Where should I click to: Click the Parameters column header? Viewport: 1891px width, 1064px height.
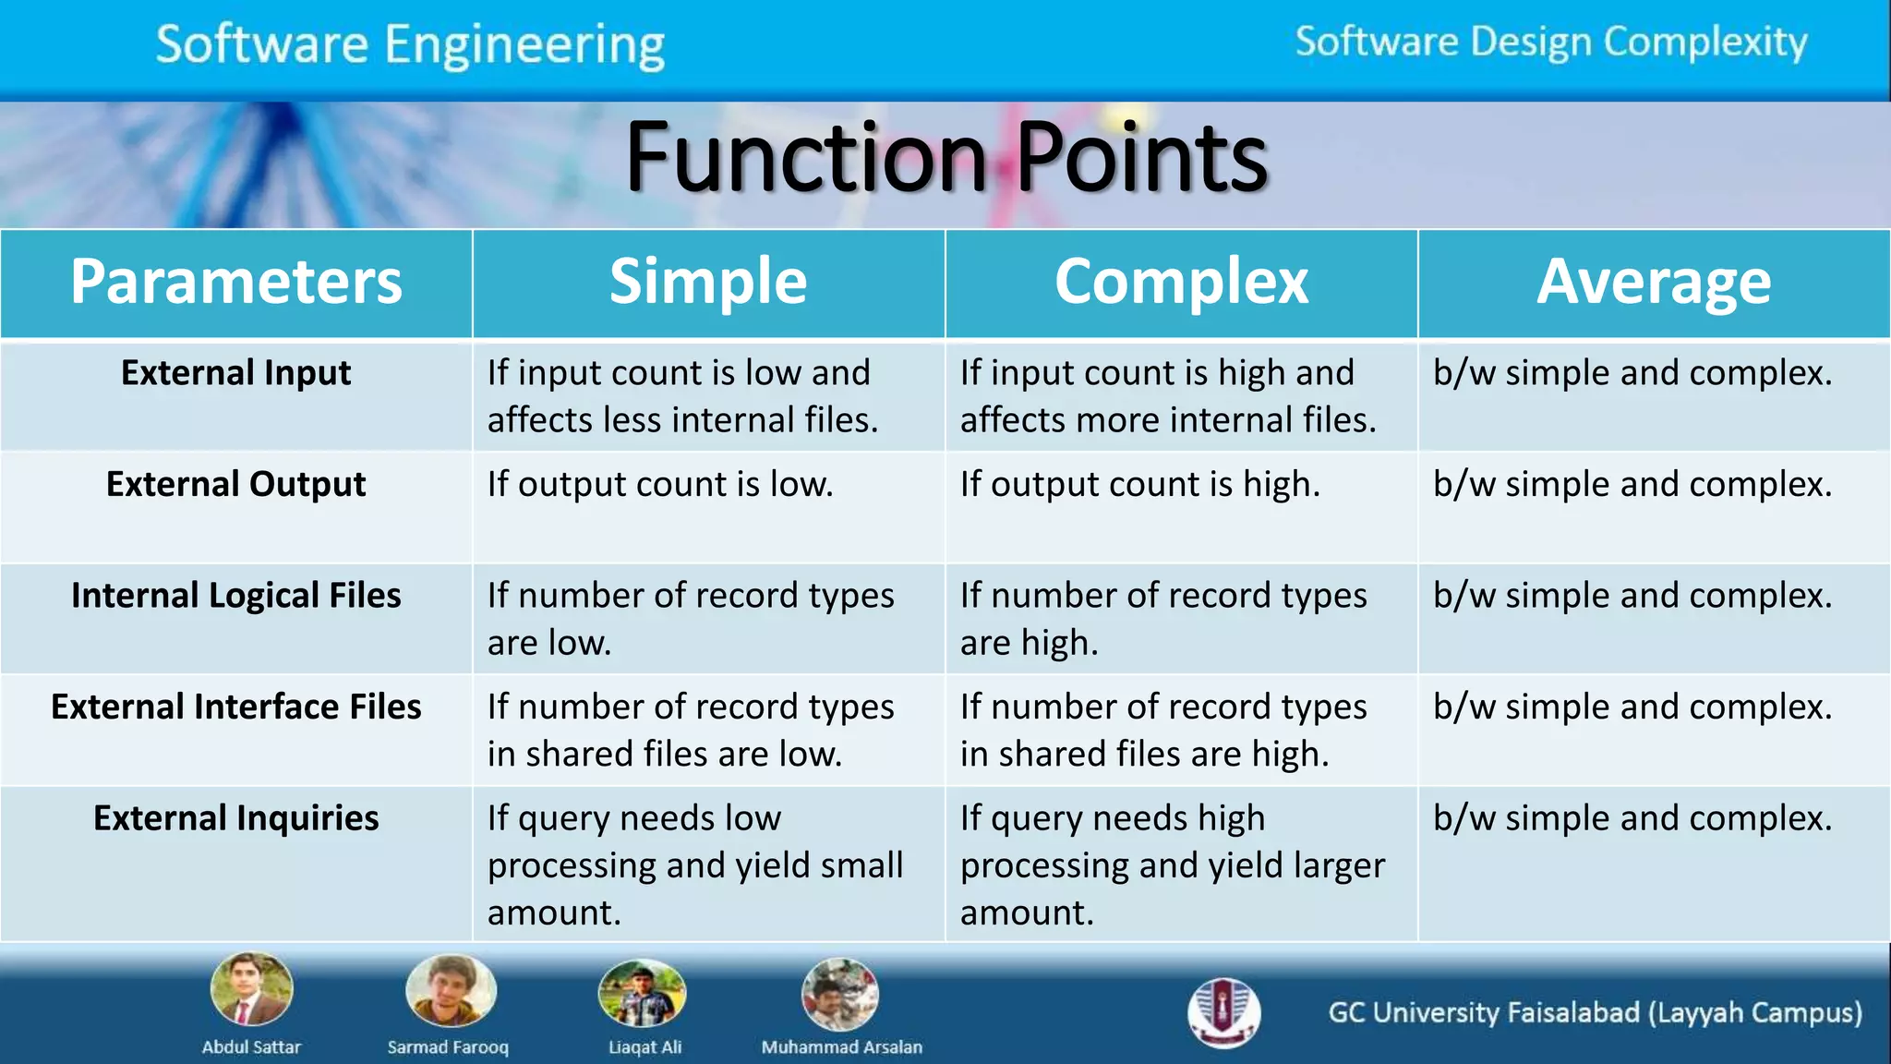236,282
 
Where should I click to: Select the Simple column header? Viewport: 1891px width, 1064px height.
708,282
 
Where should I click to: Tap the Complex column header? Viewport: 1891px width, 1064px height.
1181,282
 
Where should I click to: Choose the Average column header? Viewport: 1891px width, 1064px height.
1654,282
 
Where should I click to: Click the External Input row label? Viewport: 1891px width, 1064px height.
236,373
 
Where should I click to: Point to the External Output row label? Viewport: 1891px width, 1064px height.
236,484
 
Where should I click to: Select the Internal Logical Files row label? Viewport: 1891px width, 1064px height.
236,596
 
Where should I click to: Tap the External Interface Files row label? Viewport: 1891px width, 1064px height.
236,707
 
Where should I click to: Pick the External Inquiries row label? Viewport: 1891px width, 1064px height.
236,818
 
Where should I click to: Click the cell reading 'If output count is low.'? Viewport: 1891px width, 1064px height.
660,484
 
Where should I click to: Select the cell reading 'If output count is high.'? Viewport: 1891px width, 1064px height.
1140,484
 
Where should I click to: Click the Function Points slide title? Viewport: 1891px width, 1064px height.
946,158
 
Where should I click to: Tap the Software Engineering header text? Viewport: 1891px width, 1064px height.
410,44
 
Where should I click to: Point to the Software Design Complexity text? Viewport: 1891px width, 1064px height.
1551,42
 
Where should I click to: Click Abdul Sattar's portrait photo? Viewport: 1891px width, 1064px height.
251,990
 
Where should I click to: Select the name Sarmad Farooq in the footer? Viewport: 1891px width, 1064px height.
448,1047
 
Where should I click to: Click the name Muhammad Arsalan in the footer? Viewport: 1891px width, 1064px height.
841,1047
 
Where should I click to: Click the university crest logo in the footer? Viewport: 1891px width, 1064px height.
1223,1012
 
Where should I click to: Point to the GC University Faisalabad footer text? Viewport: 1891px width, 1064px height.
1595,1013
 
